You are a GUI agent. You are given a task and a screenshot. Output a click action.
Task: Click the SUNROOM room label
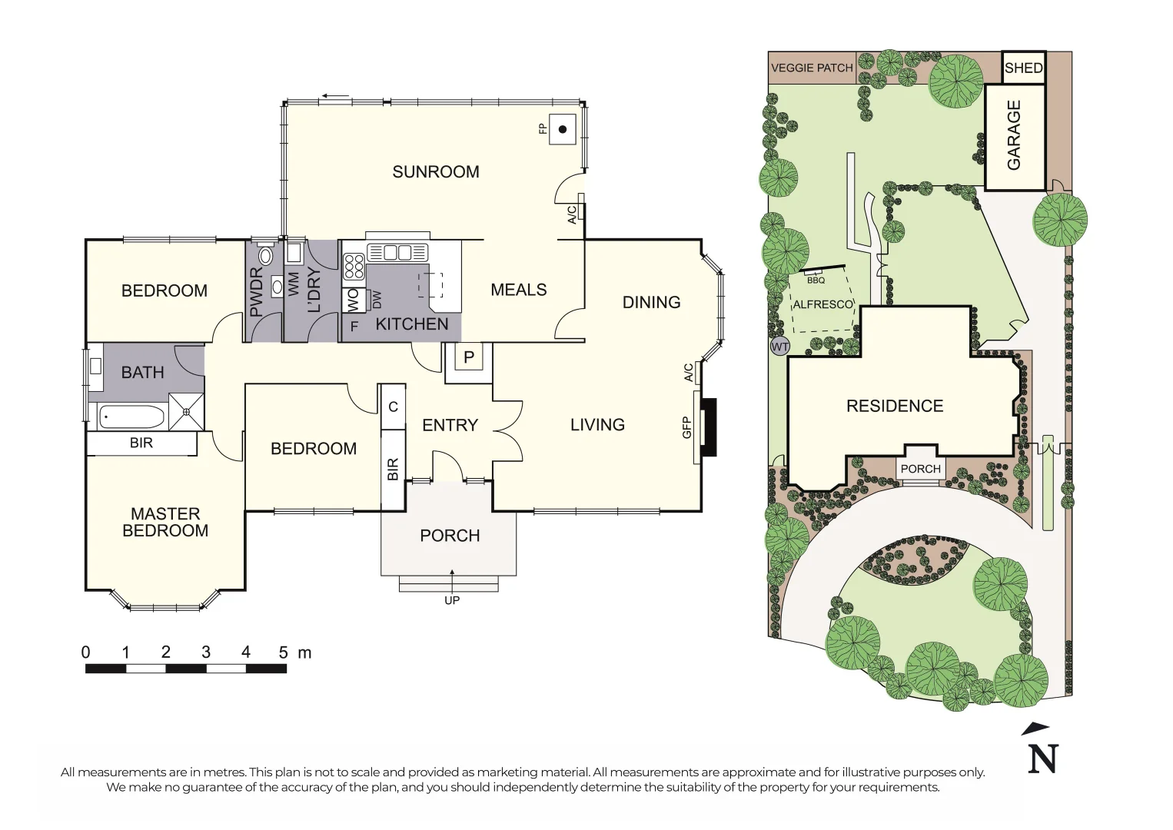click(435, 171)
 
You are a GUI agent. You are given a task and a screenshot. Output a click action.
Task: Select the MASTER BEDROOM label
click(165, 522)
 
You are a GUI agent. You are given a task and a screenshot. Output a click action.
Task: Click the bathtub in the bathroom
click(131, 418)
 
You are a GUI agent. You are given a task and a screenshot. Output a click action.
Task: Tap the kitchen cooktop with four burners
click(354, 267)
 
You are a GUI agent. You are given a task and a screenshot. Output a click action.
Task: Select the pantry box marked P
click(468, 357)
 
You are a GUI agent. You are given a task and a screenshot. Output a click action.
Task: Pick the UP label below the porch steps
click(451, 600)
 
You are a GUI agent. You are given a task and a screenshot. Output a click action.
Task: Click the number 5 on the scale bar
click(283, 652)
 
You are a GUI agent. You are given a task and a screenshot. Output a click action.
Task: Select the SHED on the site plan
click(1023, 68)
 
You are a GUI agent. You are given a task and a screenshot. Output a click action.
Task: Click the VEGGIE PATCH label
click(812, 68)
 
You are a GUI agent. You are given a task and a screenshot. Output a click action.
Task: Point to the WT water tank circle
click(779, 347)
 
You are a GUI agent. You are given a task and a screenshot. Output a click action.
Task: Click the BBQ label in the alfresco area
click(816, 280)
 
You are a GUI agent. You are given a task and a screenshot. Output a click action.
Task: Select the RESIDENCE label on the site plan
click(894, 406)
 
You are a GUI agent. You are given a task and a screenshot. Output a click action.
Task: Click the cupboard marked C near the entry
click(393, 407)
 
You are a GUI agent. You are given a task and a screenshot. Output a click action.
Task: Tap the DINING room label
click(651, 302)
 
